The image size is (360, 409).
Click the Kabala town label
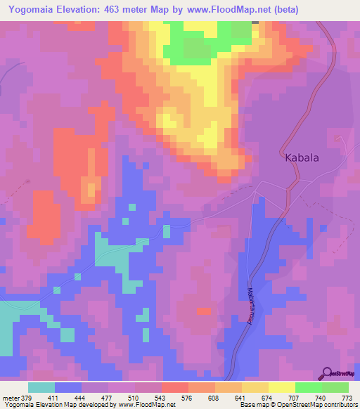coord(302,158)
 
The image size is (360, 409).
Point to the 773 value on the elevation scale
coord(347,398)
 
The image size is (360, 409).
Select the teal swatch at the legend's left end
coord(41,387)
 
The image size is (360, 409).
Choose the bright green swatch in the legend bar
coord(309,387)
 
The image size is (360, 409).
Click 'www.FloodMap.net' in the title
coord(233,9)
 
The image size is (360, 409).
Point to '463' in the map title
coord(132,9)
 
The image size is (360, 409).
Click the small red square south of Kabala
coord(203,311)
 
